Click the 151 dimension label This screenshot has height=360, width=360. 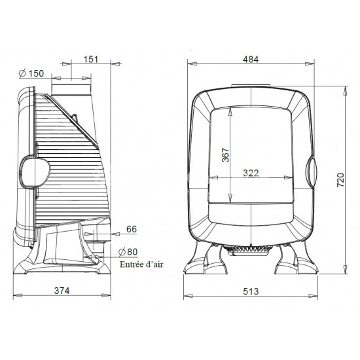click(91, 59)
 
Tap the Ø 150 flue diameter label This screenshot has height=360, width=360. click(31, 73)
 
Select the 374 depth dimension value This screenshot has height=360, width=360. click(62, 291)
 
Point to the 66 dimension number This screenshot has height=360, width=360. click(132, 229)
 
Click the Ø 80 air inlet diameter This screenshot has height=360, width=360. click(128, 252)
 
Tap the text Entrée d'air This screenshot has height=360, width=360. click(141, 264)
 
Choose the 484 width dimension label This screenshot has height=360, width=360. click(251, 60)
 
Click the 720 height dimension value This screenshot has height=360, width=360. click(341, 180)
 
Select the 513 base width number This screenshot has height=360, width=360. click(251, 291)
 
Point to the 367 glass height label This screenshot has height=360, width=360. click(226, 155)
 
